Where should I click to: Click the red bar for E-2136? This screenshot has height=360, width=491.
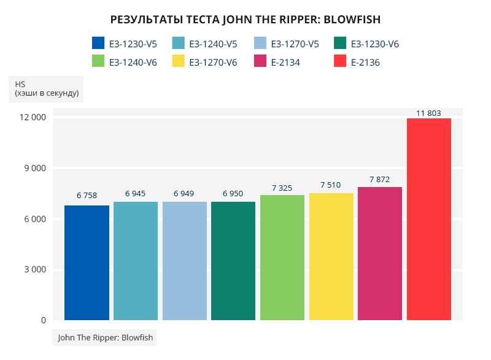(x=429, y=219)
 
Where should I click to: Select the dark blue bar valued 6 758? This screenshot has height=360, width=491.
(x=87, y=262)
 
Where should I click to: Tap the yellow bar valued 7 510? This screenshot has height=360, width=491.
(x=331, y=256)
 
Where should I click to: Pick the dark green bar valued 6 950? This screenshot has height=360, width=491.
(x=233, y=261)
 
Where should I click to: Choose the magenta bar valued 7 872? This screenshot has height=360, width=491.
(x=380, y=253)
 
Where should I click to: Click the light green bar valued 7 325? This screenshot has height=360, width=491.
(x=282, y=258)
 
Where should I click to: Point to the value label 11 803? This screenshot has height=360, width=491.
(x=428, y=113)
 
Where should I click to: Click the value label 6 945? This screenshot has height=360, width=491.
(x=135, y=194)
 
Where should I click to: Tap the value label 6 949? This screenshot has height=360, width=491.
(x=184, y=194)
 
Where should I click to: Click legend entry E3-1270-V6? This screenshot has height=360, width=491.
(x=213, y=62)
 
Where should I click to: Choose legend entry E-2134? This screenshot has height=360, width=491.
(x=285, y=62)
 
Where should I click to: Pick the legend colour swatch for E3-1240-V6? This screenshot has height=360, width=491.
(x=98, y=61)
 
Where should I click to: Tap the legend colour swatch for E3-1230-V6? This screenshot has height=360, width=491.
(x=341, y=43)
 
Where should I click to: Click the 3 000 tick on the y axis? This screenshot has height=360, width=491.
(x=34, y=270)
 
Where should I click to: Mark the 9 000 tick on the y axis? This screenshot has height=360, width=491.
(x=34, y=168)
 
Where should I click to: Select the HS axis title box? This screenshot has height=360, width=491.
(x=46, y=88)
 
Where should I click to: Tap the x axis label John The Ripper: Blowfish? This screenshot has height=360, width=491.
(x=105, y=337)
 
